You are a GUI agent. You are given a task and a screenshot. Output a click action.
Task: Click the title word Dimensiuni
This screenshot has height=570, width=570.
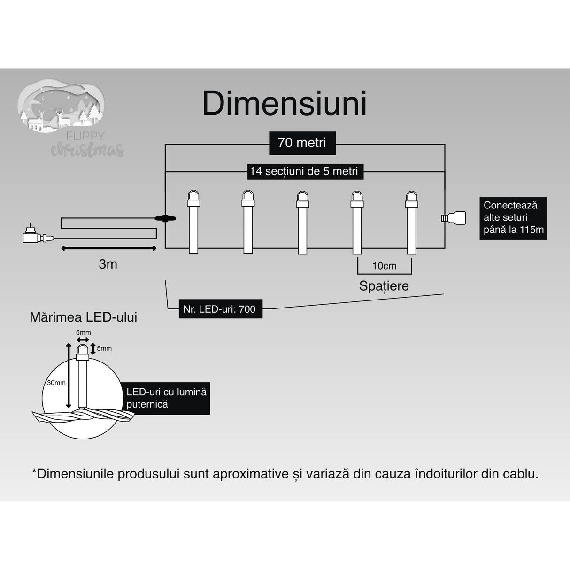284,103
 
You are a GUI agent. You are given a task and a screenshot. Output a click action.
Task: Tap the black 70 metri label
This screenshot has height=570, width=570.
302,143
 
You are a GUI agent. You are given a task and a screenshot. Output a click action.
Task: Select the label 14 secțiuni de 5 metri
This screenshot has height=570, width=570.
304,171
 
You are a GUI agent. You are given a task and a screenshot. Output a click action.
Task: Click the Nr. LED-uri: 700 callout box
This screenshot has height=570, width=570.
220,309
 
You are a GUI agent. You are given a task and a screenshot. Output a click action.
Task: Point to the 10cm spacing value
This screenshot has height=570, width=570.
384,266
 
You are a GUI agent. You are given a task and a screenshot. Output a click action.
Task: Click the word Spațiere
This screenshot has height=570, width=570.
384,285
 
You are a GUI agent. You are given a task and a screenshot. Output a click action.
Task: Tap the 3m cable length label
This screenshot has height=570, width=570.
108,264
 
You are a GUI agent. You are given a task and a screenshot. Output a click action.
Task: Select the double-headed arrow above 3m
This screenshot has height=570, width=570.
109,248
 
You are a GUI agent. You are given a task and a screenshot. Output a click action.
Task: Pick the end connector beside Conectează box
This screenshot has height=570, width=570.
454,217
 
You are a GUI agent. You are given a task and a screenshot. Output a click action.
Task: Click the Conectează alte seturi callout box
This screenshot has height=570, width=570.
513,218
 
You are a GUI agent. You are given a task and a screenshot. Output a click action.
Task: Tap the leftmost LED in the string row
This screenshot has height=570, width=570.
193,221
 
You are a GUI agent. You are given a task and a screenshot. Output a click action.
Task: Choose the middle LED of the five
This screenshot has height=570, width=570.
302,221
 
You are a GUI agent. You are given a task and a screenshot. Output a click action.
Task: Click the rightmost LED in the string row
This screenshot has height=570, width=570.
411,221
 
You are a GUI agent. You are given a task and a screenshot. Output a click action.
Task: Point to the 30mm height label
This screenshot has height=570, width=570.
56,383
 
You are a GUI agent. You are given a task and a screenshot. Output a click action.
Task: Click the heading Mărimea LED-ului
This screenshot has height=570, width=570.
83,317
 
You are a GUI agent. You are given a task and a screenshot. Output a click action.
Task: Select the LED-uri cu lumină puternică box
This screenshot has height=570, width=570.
167,398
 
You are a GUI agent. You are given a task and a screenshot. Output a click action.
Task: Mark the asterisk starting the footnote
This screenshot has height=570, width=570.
34,472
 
